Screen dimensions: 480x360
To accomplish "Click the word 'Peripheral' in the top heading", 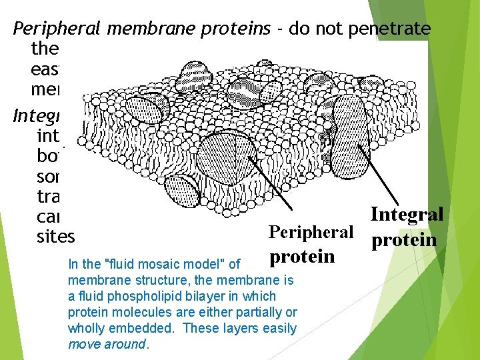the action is click(x=54, y=29).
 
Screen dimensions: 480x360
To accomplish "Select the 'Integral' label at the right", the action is click(x=406, y=215).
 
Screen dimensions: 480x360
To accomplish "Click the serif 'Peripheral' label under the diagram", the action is click(x=310, y=231).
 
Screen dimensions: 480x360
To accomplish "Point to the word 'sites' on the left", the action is click(x=57, y=236).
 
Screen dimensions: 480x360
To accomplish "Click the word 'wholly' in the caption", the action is click(x=87, y=327).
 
